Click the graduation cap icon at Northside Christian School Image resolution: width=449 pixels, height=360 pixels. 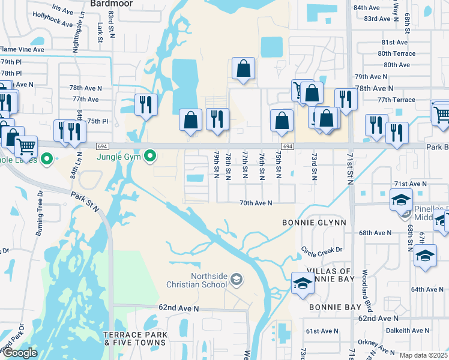(237, 280)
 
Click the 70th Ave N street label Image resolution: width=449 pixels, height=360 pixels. (256, 203)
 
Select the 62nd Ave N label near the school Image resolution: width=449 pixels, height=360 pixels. (178, 308)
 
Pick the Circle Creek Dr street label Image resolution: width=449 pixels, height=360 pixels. (322, 250)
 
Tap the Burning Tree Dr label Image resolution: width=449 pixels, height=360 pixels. (40, 205)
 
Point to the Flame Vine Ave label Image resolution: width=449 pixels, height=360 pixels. (22, 49)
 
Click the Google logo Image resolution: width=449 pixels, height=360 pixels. (19, 353)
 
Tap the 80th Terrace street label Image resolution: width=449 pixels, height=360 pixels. (396, 53)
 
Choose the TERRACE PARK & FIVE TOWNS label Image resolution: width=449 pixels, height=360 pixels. (134, 338)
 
